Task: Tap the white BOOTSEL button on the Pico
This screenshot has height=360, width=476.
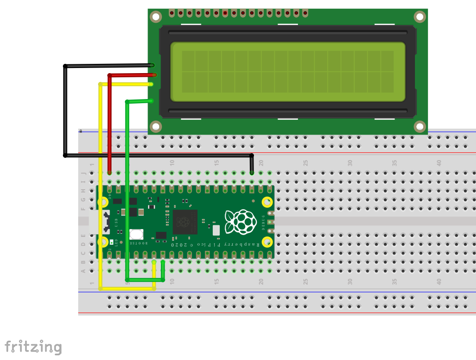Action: [x=136, y=235]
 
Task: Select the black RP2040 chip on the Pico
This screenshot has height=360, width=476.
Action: [x=185, y=222]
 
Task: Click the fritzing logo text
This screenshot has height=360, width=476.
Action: [x=33, y=347]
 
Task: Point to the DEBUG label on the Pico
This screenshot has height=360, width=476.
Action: [x=264, y=222]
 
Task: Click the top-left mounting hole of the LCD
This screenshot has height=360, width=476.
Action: [x=156, y=17]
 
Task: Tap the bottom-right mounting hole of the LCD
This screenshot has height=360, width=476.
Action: [x=420, y=126]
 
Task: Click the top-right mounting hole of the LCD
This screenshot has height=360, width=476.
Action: [x=420, y=17]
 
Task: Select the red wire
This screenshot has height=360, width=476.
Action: [x=110, y=120]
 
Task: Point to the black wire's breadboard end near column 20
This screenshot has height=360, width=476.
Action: [x=252, y=172]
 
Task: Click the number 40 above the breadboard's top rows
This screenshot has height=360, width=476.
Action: [x=439, y=163]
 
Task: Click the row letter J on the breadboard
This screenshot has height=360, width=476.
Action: [x=84, y=173]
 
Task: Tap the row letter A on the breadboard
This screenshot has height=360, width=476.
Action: [x=84, y=271]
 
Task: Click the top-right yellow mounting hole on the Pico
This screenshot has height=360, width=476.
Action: [x=267, y=202]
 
